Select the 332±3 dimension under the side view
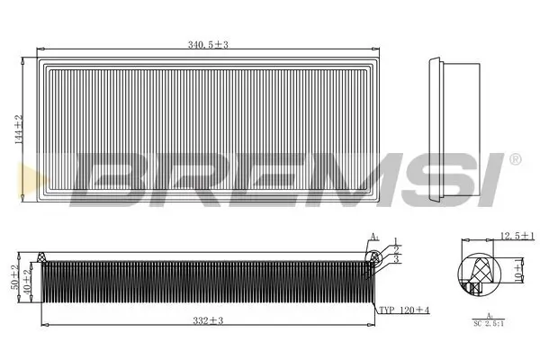click(x=206, y=319)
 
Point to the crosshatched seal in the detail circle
click(x=477, y=268)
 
